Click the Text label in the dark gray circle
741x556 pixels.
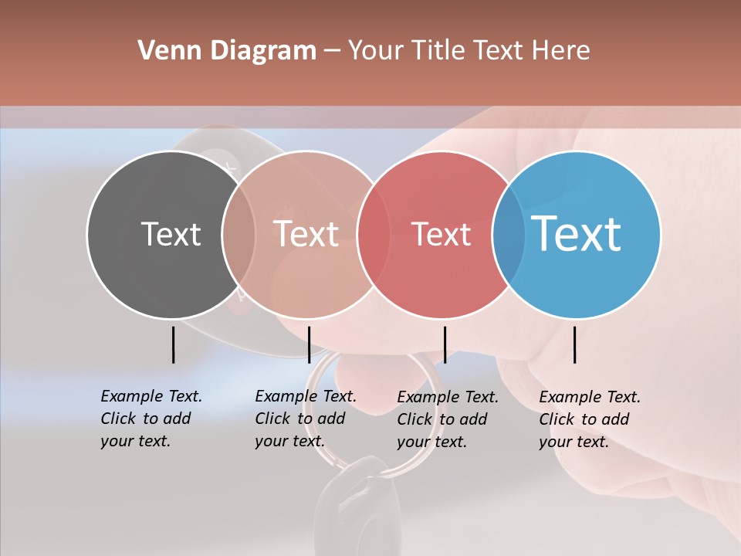point(171,234)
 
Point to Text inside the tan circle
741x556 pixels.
point(306,234)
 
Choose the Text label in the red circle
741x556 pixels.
point(441,234)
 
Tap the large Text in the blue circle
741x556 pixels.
point(577,233)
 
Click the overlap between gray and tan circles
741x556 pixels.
point(239,234)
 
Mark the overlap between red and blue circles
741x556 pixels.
point(509,234)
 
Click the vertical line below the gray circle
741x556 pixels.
point(173,344)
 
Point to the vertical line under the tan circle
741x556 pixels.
point(309,344)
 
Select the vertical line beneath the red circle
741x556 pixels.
point(445,344)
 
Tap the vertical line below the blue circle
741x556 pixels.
point(574,344)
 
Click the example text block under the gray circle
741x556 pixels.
point(151,419)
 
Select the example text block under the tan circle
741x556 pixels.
point(305,419)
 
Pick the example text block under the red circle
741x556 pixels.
point(447,419)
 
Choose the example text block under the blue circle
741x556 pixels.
point(589,419)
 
